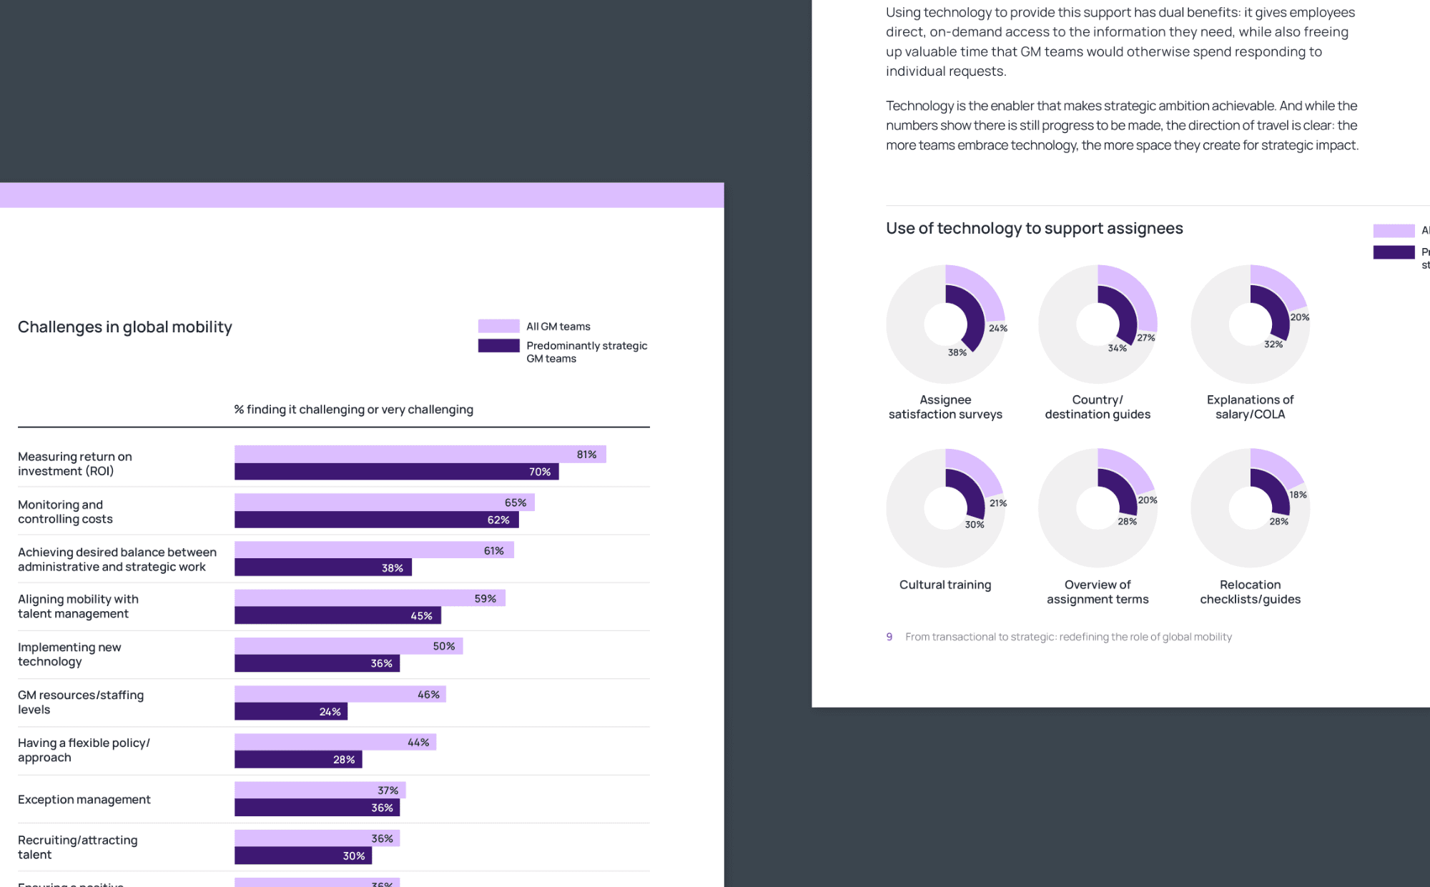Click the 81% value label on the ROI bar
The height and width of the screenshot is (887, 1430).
pos(586,455)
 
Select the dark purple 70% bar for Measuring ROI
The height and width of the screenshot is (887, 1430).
pos(396,472)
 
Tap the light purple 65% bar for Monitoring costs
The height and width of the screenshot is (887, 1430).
pos(384,502)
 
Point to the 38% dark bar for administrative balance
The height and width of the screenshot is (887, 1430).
pos(322,568)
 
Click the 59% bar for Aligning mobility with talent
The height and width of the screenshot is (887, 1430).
pos(369,598)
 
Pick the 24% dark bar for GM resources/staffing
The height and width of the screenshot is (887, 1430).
pos(290,711)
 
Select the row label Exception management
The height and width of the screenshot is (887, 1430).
pos(84,799)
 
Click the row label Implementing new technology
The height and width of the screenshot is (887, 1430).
pos(69,654)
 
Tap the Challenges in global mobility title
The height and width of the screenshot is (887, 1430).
pos(125,327)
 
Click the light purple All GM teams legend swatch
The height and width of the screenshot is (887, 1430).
pos(498,326)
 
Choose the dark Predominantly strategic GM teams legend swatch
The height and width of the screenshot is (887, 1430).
pos(498,346)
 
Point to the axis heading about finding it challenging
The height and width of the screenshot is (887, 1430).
pos(353,410)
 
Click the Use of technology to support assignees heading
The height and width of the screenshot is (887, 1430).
pos(1034,228)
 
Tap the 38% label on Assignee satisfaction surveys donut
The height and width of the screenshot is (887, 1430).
pos(957,352)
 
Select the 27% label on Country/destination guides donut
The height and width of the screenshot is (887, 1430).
pos(1146,337)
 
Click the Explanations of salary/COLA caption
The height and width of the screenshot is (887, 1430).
pos(1250,407)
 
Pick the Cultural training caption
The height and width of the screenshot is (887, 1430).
pos(945,585)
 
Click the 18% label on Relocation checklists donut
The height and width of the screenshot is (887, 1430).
pos(1298,495)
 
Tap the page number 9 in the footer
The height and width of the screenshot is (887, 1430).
pos(889,637)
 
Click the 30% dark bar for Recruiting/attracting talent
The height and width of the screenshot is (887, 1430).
pos(302,856)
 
